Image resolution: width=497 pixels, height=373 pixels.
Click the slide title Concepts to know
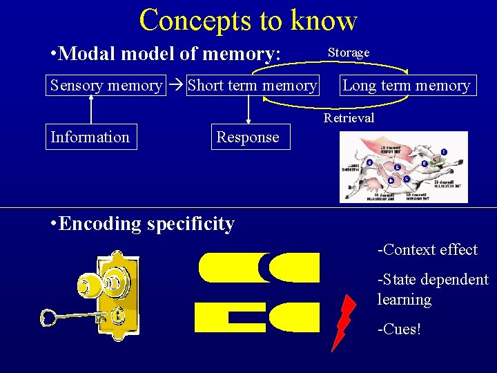pos(248,20)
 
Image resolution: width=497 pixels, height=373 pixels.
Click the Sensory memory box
pos(106,86)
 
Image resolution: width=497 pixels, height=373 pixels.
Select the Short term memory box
pos(251,86)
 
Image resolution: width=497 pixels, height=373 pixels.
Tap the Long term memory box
pos(406,86)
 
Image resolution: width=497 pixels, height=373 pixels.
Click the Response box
pos(248,137)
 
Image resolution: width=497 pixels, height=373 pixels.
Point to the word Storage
pos(348,52)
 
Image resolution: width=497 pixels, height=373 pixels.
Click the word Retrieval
pos(349,118)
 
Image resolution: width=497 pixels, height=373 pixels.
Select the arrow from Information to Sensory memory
pos(90,109)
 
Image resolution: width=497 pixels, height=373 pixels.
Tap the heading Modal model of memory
pos(166,54)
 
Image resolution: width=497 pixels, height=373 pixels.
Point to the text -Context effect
pos(427,250)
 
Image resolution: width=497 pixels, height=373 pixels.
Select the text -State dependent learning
pos(432,289)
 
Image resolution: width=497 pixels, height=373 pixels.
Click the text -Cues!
pos(398,329)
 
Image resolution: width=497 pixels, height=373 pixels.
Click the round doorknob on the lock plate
pos(90,284)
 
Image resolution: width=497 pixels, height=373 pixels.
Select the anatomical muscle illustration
pos(404,167)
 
